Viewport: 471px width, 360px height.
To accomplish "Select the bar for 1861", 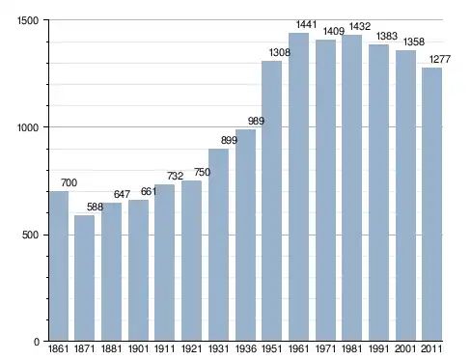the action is (x=59, y=266).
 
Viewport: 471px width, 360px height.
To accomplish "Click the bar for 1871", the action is (x=85, y=278).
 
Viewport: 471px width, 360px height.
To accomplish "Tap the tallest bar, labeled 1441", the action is (x=298, y=187).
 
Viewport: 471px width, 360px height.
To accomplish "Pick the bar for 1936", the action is (x=245, y=235).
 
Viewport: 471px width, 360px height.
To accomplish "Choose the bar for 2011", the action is (x=431, y=205).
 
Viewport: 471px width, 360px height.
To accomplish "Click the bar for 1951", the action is (x=271, y=201).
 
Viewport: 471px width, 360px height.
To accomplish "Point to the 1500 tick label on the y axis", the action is (x=28, y=20).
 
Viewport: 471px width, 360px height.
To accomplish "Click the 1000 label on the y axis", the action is (x=28, y=127).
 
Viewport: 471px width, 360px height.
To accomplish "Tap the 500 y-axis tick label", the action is (x=31, y=235).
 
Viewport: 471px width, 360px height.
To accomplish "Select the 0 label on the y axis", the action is (x=37, y=342).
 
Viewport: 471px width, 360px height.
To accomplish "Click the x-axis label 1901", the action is (x=138, y=348).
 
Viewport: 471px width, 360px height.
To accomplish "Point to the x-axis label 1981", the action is (x=351, y=348).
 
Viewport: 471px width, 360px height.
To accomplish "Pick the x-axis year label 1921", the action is (x=191, y=348).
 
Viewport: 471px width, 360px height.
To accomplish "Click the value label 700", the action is (x=69, y=182).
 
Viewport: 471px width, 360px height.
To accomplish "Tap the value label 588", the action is (x=95, y=207).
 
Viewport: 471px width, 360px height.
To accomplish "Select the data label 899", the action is (x=229, y=140).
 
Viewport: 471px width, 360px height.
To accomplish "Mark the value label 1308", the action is (x=280, y=52).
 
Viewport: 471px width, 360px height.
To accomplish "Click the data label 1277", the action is (x=440, y=59).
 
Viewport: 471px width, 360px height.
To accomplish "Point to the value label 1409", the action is (x=334, y=31).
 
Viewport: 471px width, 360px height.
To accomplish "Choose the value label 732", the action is (x=175, y=176).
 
